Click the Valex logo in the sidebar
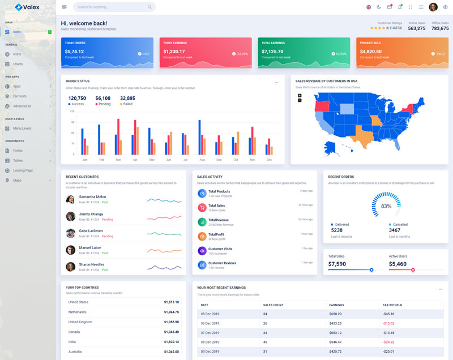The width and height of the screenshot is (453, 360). coord(27,7)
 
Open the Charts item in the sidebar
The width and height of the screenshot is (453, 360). coord(18,63)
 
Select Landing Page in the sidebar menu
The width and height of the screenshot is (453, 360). coord(23,170)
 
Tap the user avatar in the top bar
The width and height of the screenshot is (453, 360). coord(433,7)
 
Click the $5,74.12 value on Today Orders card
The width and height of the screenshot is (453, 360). coord(74,52)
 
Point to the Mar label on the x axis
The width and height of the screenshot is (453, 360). coord(118,160)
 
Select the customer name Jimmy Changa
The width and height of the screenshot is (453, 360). coord(91,214)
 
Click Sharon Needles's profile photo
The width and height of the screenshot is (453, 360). coord(71,267)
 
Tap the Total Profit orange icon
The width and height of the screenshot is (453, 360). coord(202,236)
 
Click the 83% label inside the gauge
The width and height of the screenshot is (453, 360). coord(386,206)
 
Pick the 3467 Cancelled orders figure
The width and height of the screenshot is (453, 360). coord(395,230)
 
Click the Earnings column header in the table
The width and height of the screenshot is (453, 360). coord(336,305)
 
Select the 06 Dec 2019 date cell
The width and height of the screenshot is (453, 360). coord(210,323)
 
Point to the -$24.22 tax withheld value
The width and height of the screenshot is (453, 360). coord(389,342)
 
